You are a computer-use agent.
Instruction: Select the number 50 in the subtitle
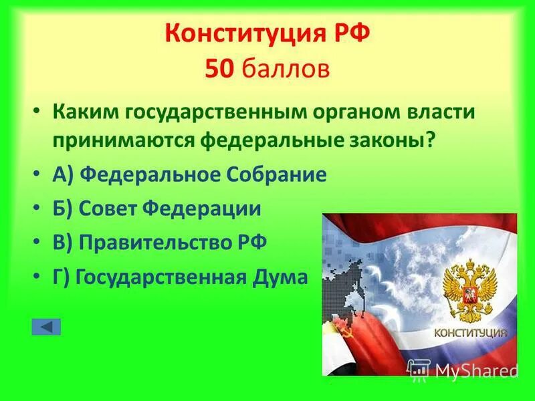pos(219,69)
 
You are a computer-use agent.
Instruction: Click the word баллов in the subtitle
pos(286,69)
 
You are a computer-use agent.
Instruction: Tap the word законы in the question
pos(396,141)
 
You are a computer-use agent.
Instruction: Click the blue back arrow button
pos(46,327)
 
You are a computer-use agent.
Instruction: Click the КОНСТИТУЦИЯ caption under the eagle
pos(471,332)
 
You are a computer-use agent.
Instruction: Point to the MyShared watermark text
pos(475,369)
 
